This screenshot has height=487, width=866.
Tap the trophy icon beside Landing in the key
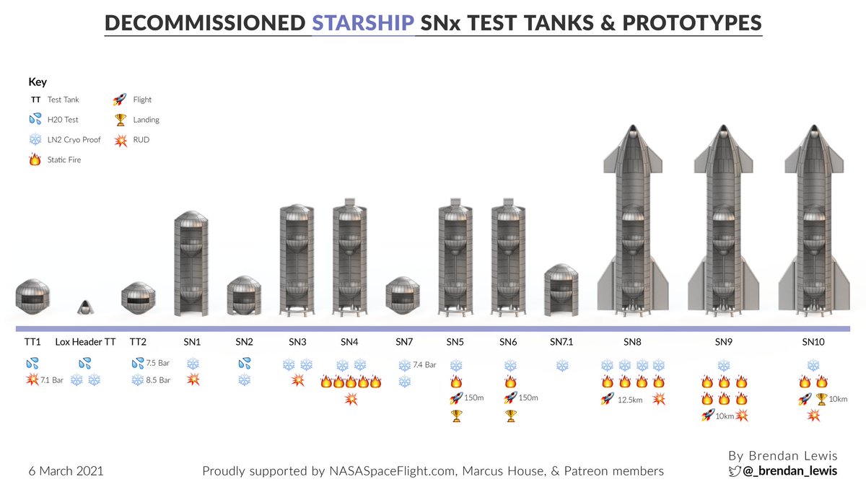coord(120,120)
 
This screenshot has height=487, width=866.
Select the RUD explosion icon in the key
coord(120,139)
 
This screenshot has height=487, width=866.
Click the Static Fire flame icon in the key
coord(33,159)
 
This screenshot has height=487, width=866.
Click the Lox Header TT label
coord(85,342)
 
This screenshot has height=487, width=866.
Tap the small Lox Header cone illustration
coord(84,307)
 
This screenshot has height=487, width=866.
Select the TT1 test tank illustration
coord(33,297)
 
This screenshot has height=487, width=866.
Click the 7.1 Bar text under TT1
coord(53,380)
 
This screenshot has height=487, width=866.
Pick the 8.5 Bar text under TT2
coord(159,380)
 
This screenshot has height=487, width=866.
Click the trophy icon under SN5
coord(455,415)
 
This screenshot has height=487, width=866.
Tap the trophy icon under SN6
coord(510,415)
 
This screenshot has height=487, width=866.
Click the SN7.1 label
coord(562,342)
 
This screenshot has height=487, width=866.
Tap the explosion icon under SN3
coord(297,380)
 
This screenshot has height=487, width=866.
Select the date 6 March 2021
coord(66,471)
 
